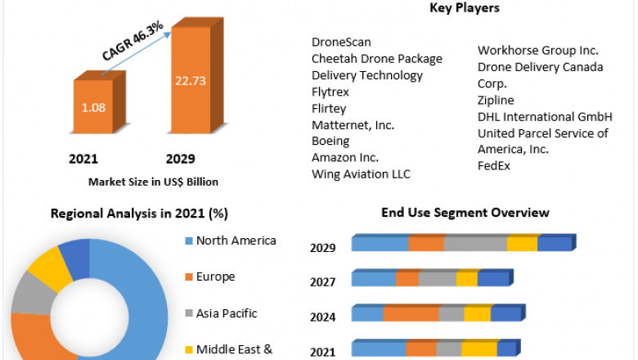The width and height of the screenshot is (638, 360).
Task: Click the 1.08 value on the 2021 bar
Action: [94, 106]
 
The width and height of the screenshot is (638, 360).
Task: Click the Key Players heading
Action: [465, 8]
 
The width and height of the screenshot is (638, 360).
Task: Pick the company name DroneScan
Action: [342, 42]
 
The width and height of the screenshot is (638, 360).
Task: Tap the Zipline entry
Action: [496, 100]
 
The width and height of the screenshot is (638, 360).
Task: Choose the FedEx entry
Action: [495, 165]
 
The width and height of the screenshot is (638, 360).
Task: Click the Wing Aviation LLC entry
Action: [361, 174]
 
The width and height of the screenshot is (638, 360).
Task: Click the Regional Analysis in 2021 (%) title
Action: [139, 214]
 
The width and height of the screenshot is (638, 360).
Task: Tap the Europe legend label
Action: [215, 277]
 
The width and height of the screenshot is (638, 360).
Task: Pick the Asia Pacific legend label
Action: [227, 313]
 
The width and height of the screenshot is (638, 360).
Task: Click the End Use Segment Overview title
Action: [465, 213]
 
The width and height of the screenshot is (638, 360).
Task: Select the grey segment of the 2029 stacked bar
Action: [475, 244]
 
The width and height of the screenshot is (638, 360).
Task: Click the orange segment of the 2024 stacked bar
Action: [411, 314]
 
